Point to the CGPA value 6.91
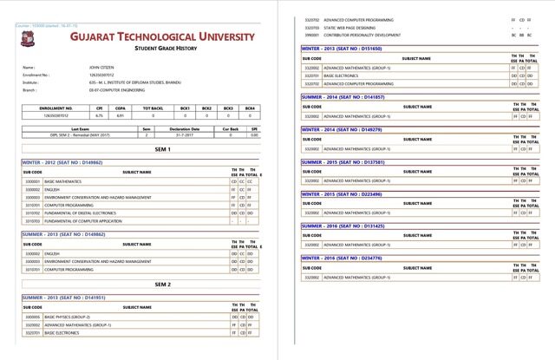[x=121, y=115]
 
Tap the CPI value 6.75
[x=100, y=115]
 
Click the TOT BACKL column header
[x=153, y=108]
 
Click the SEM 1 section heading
[x=139, y=149]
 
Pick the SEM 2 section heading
[x=139, y=284]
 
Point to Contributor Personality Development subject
[x=362, y=35]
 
